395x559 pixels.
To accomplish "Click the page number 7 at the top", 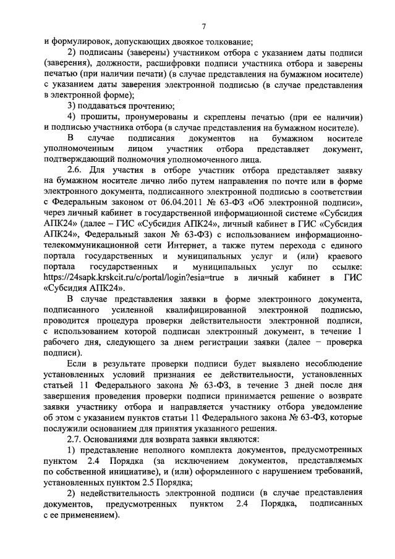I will point(203,26).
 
